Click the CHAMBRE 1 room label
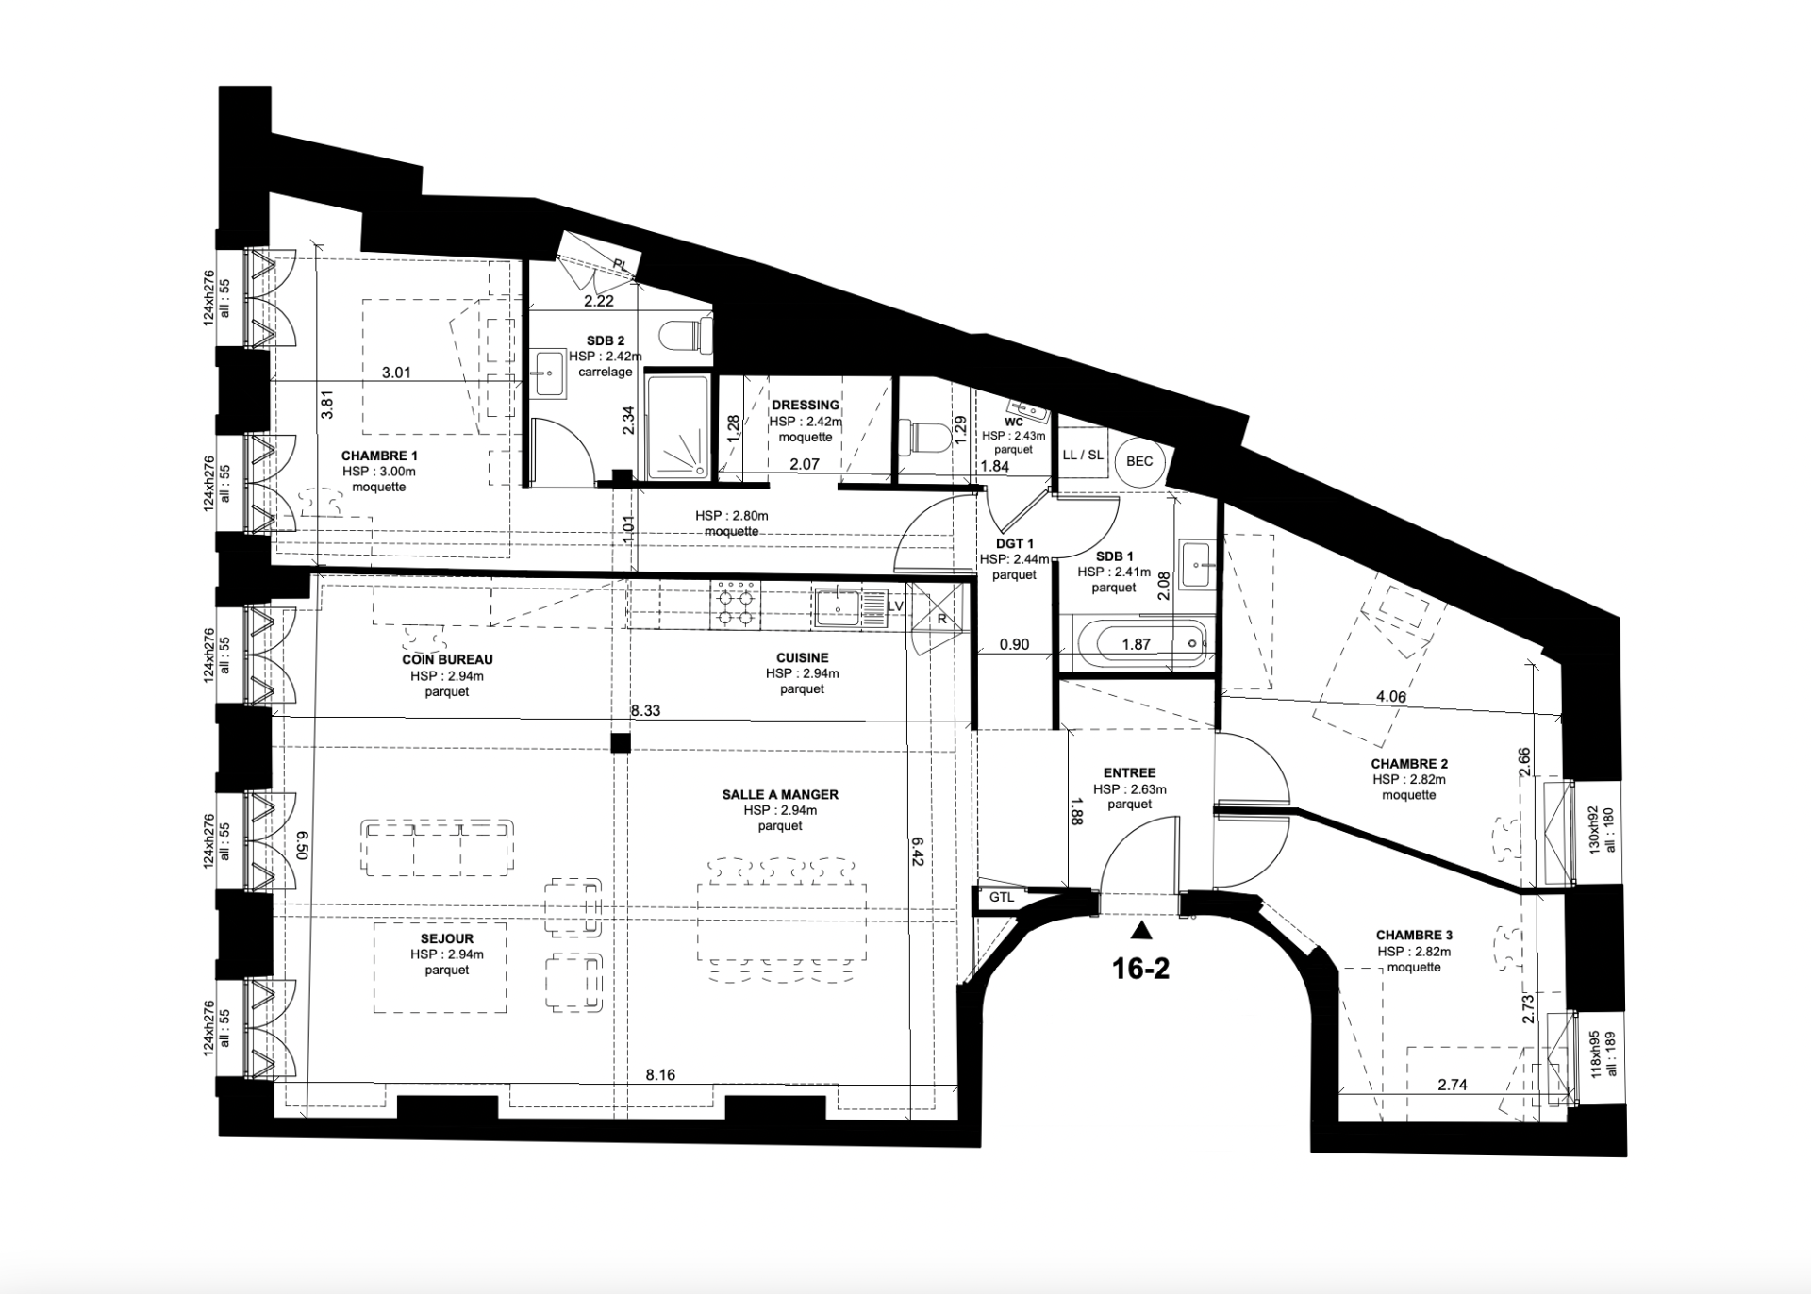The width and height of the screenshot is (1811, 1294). click(379, 456)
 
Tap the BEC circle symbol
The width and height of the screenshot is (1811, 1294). click(1139, 461)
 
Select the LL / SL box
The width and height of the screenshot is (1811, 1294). click(1082, 455)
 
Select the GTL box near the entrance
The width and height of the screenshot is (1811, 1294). click(1001, 897)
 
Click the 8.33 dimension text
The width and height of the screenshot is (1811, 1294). click(645, 711)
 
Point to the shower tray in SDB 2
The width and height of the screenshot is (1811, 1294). click(677, 426)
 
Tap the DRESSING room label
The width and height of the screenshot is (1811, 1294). click(805, 405)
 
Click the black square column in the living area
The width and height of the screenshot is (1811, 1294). click(620, 743)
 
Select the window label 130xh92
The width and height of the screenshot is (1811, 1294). click(1592, 829)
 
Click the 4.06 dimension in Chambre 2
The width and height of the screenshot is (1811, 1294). click(1391, 698)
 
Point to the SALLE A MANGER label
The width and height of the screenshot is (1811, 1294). click(780, 794)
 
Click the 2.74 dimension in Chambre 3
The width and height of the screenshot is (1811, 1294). click(1453, 1086)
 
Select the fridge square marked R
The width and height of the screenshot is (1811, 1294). click(941, 618)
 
